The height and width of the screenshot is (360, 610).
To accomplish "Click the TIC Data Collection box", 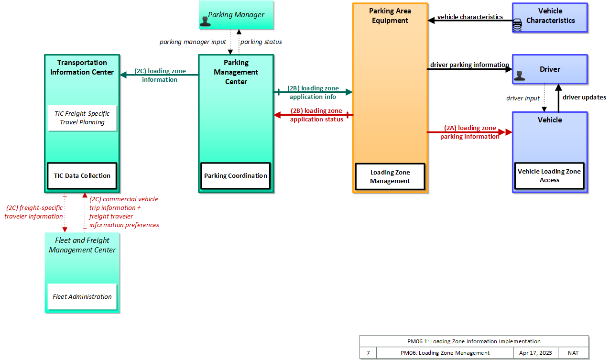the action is (82, 175).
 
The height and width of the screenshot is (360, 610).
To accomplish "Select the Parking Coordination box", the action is (236, 175).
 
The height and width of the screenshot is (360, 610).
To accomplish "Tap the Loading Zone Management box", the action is (390, 176).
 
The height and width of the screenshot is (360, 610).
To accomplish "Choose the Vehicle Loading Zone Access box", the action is (549, 175).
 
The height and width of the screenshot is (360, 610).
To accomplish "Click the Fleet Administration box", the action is (82, 296).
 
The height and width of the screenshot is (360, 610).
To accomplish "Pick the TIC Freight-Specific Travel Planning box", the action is (82, 118).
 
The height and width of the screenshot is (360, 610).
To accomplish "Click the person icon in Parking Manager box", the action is (205, 21).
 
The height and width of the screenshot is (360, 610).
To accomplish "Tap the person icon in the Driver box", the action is (519, 76).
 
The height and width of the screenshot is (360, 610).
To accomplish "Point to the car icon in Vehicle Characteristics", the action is (517, 25).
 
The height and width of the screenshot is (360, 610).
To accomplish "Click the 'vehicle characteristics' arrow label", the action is (470, 17).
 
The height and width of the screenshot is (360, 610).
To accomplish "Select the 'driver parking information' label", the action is (469, 65).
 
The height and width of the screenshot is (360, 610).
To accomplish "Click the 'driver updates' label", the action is (584, 97).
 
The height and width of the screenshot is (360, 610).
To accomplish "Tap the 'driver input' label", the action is (523, 98).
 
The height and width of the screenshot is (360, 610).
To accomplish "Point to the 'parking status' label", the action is (261, 42).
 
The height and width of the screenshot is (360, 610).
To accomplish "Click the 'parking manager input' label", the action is (193, 42).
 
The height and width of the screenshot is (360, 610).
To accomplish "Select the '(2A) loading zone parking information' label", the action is (470, 132).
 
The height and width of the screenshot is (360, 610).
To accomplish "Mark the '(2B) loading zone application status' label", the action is (316, 115).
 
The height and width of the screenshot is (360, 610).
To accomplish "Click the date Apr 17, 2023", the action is (535, 353).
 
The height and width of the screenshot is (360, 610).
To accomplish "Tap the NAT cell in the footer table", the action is (573, 353).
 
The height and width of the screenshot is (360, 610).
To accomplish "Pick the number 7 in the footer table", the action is (368, 353).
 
